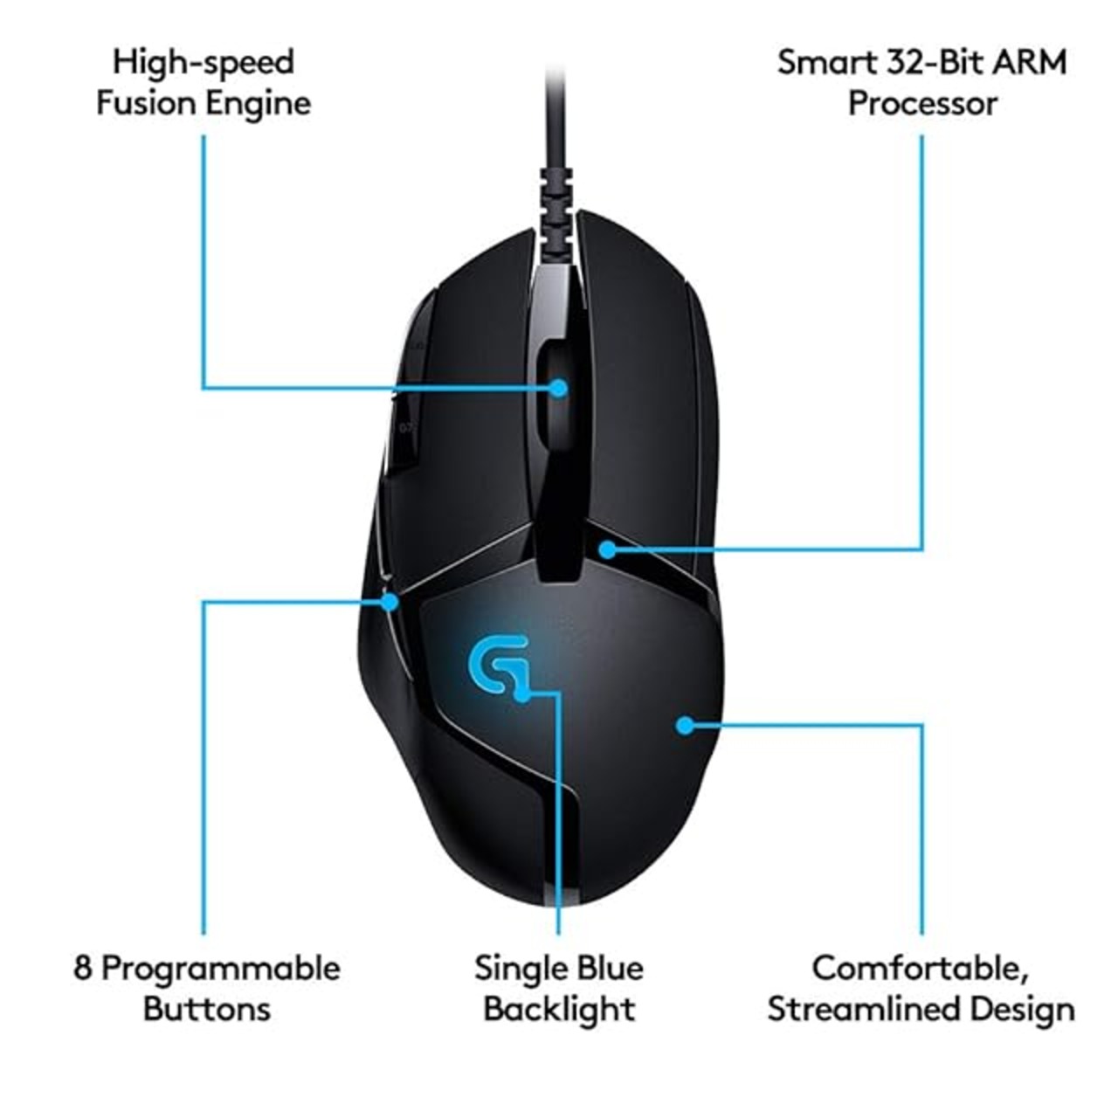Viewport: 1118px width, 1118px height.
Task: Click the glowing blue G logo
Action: click(498, 666)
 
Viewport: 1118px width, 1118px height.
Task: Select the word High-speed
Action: click(204, 63)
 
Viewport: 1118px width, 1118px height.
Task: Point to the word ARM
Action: click(1028, 62)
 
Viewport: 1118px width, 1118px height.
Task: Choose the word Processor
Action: click(922, 105)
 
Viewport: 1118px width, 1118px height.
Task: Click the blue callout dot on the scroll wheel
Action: click(559, 388)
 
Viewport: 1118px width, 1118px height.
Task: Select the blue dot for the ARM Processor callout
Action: click(607, 549)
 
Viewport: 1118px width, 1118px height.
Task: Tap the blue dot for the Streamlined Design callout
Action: click(685, 725)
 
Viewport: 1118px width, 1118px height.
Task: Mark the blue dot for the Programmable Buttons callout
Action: click(391, 602)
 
